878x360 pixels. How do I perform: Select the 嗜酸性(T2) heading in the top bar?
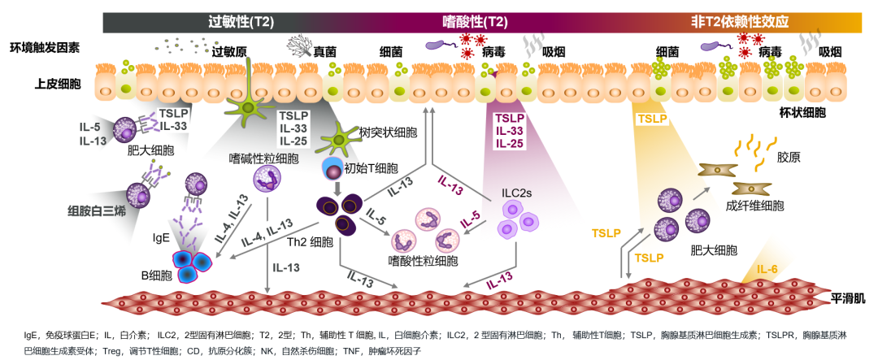click(x=474, y=22)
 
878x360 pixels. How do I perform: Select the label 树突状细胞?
click(x=387, y=131)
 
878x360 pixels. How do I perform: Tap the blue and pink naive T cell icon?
click(x=333, y=168)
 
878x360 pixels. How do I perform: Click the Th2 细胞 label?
click(x=311, y=242)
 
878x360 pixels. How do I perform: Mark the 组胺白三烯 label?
click(x=97, y=210)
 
